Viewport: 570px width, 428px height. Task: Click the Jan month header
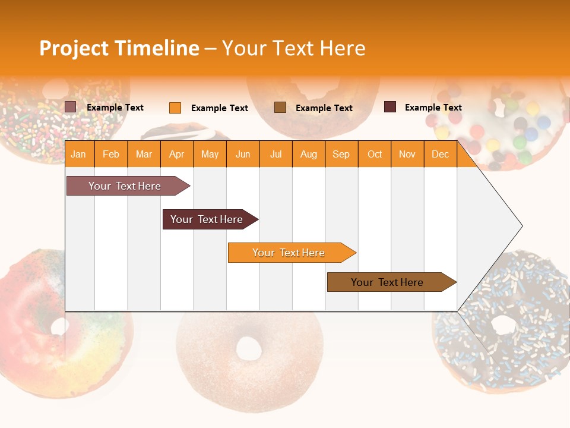click(78, 154)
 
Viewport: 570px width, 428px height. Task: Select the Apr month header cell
click(177, 154)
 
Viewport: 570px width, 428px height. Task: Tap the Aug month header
click(308, 154)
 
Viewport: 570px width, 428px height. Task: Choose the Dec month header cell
click(440, 154)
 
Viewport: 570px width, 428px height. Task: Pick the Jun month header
click(243, 154)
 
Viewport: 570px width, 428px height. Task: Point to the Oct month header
click(374, 154)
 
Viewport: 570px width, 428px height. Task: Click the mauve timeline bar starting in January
click(125, 186)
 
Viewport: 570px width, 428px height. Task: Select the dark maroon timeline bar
click(207, 219)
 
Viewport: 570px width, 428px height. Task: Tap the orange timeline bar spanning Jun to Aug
click(289, 253)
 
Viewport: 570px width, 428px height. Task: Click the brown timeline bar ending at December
click(388, 282)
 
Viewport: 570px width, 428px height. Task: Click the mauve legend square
click(71, 107)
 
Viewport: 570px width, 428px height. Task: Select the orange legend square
click(175, 108)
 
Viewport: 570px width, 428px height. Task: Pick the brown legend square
click(280, 108)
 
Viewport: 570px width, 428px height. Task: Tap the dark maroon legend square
click(390, 107)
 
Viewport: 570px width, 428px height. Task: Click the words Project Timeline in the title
click(119, 48)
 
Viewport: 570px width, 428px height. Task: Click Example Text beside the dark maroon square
click(433, 108)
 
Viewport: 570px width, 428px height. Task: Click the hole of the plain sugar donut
click(248, 348)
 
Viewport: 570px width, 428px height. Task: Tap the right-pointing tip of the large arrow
click(521, 226)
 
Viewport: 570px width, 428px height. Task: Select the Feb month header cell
click(111, 154)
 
